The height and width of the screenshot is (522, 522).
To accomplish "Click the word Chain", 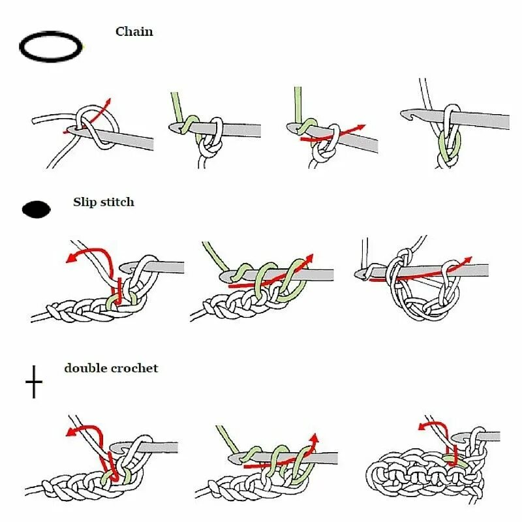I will [134, 31].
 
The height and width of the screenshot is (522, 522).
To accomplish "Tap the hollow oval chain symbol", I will [52, 47].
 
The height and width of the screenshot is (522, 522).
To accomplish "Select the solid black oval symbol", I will [37, 209].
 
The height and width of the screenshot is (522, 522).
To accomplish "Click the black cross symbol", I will [34, 382].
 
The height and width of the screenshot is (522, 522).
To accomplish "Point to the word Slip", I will [85, 202].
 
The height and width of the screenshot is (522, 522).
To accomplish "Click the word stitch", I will [117, 202].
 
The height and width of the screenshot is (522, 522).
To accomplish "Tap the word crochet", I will [134, 368].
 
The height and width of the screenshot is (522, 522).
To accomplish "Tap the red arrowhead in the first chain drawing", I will [108, 102].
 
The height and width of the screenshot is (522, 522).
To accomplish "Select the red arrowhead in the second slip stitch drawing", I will [310, 258].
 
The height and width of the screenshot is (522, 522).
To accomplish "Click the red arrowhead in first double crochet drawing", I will [70, 431].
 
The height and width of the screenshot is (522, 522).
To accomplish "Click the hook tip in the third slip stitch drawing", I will [358, 274].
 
